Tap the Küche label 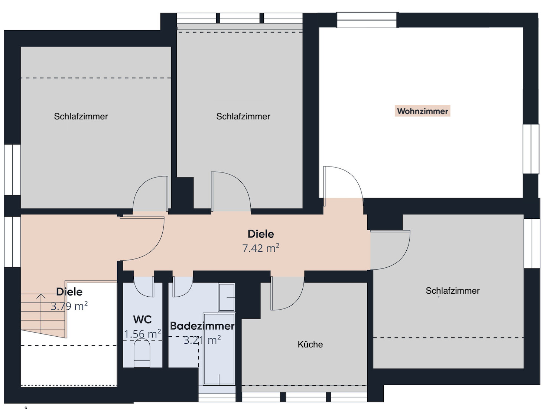coord(310,344)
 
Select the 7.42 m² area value coord(260,248)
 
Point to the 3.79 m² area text coord(69,306)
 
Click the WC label coord(142,319)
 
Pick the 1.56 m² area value coord(142,334)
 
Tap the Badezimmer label coord(202,326)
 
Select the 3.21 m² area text coord(202,340)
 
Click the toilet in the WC coord(142,353)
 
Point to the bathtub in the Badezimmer coord(219,349)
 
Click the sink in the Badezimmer coord(226,297)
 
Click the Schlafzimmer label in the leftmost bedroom coord(81,116)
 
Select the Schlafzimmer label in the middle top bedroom coord(243,116)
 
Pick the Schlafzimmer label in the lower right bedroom coord(452,291)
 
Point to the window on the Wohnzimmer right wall coord(531,149)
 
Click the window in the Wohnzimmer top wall coord(367,20)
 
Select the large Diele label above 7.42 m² coord(260,234)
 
